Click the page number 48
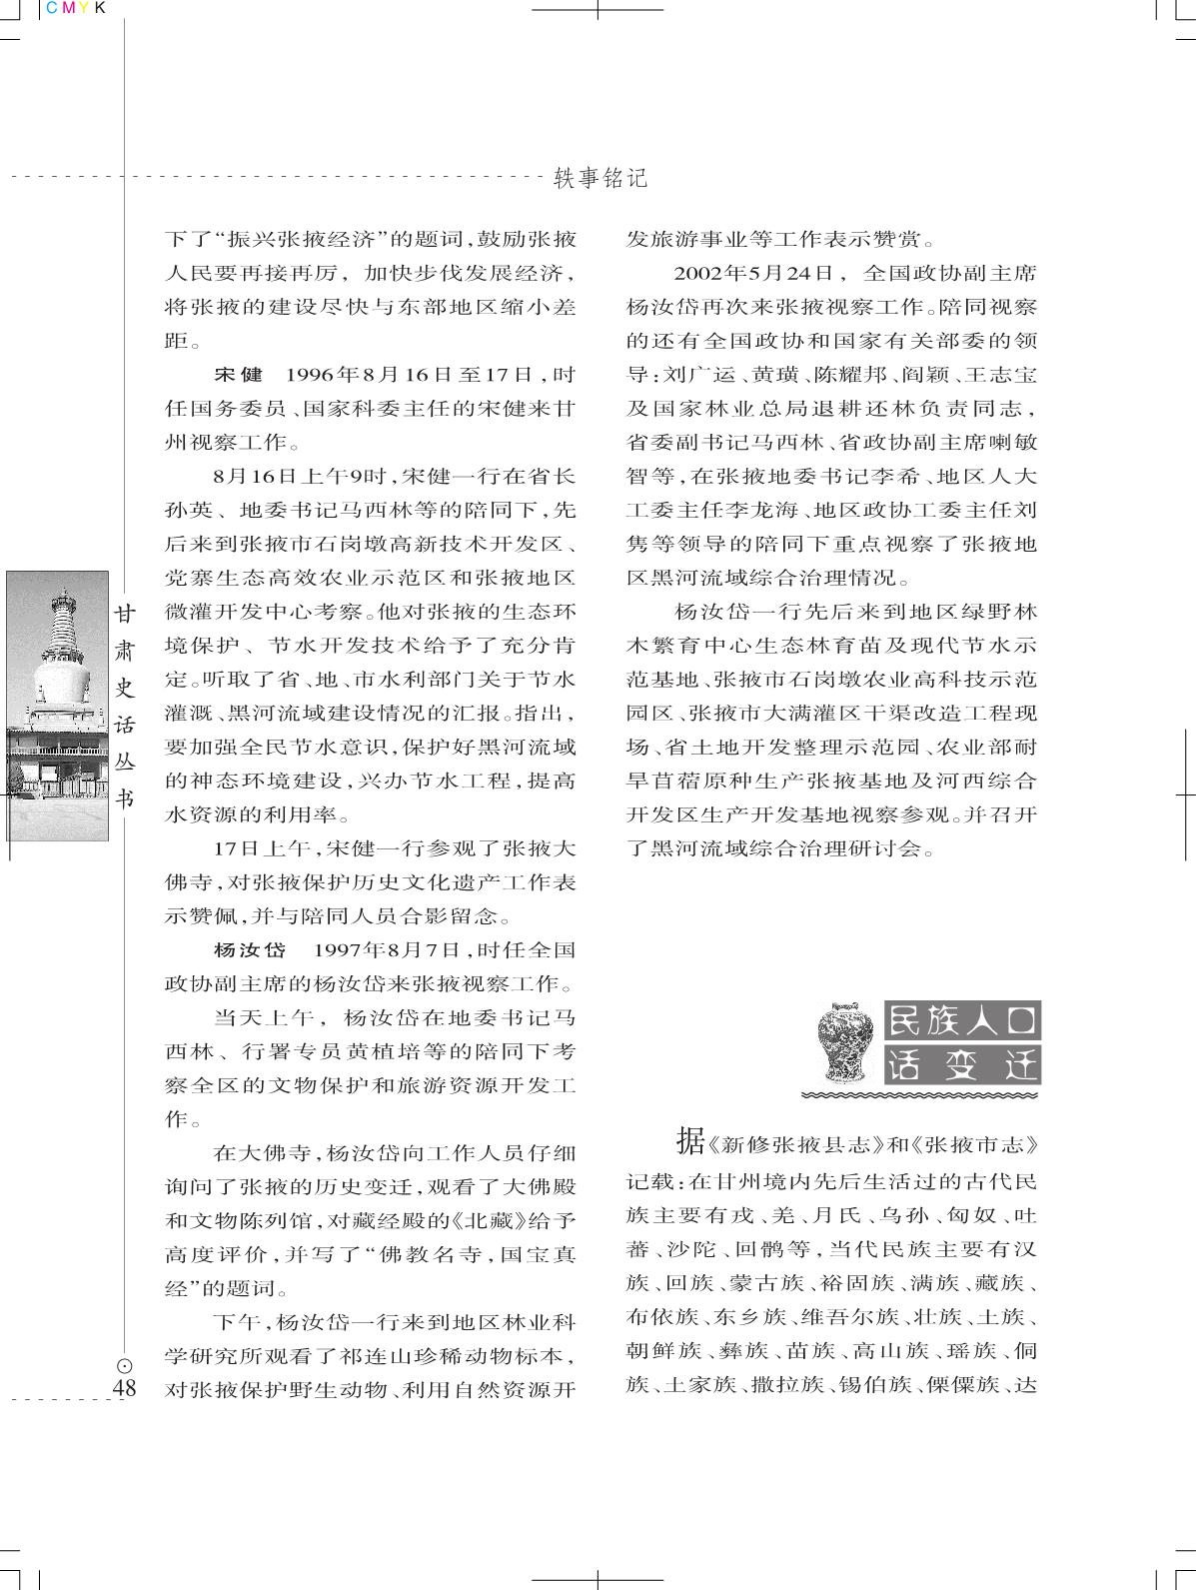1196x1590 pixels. click(125, 1388)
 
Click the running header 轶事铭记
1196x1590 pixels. click(600, 179)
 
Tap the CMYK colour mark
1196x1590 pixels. click(73, 8)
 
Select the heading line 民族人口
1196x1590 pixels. click(962, 1020)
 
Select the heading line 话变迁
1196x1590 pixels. click(962, 1065)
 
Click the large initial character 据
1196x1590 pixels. click(689, 1138)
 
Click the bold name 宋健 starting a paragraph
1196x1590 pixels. click(238, 375)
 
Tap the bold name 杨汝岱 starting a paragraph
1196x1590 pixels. click(250, 948)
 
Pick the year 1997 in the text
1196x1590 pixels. click(340, 948)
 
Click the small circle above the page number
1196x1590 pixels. click(125, 1366)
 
